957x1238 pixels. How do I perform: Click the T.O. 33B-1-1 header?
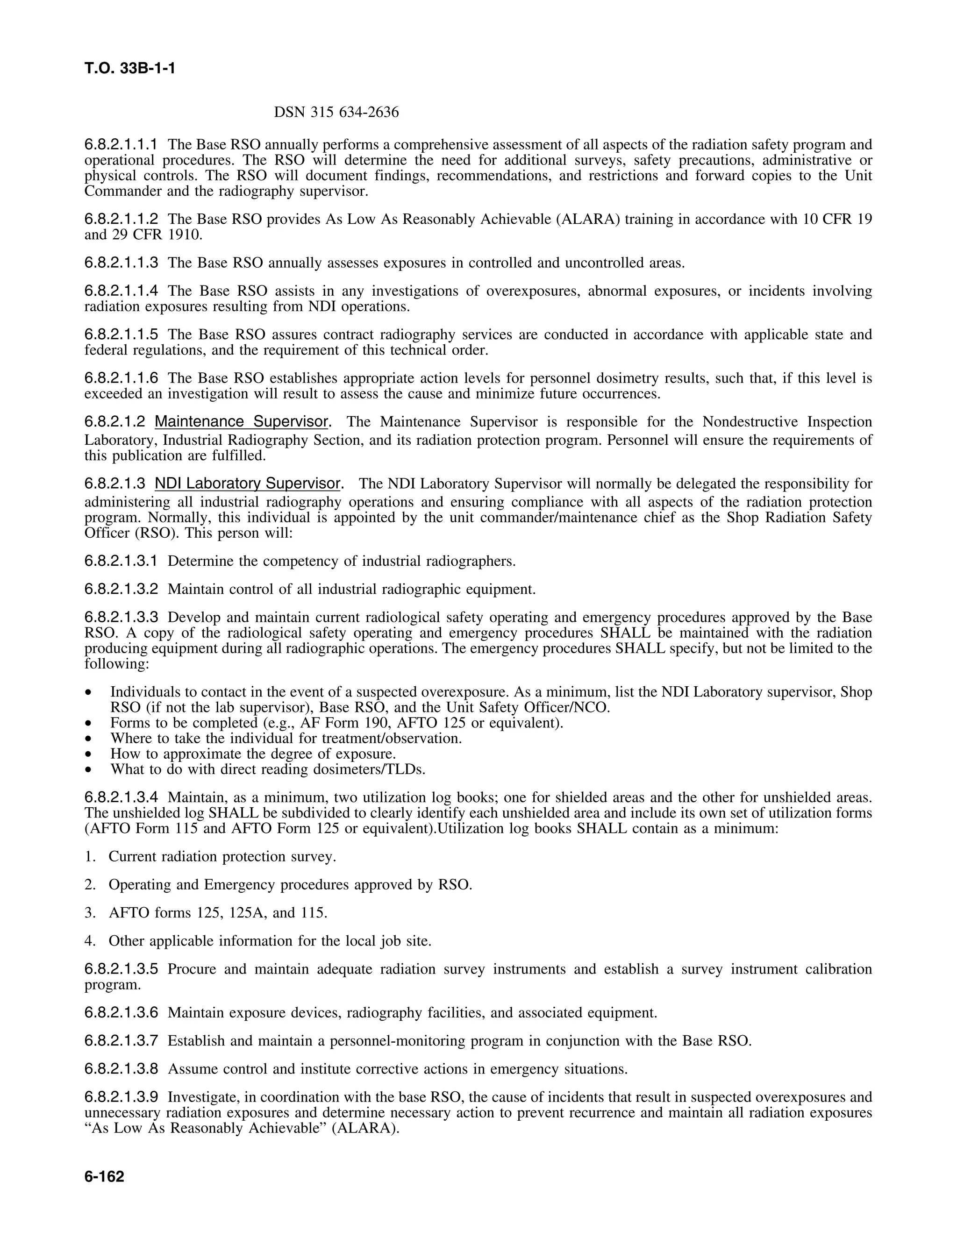click(x=130, y=69)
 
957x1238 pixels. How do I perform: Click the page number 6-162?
click(x=104, y=1177)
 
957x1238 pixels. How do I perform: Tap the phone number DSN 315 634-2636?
click(x=336, y=112)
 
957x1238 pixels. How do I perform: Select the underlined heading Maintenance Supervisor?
click(x=242, y=422)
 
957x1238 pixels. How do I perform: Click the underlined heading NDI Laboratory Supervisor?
click(x=248, y=484)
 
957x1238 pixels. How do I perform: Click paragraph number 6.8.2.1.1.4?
click(x=121, y=291)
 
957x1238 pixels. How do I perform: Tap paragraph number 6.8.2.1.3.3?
click(x=121, y=617)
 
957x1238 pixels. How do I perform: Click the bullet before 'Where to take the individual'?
click(x=88, y=739)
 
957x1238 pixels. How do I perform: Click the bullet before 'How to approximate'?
click(x=88, y=754)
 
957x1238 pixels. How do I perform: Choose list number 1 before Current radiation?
click(x=90, y=856)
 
